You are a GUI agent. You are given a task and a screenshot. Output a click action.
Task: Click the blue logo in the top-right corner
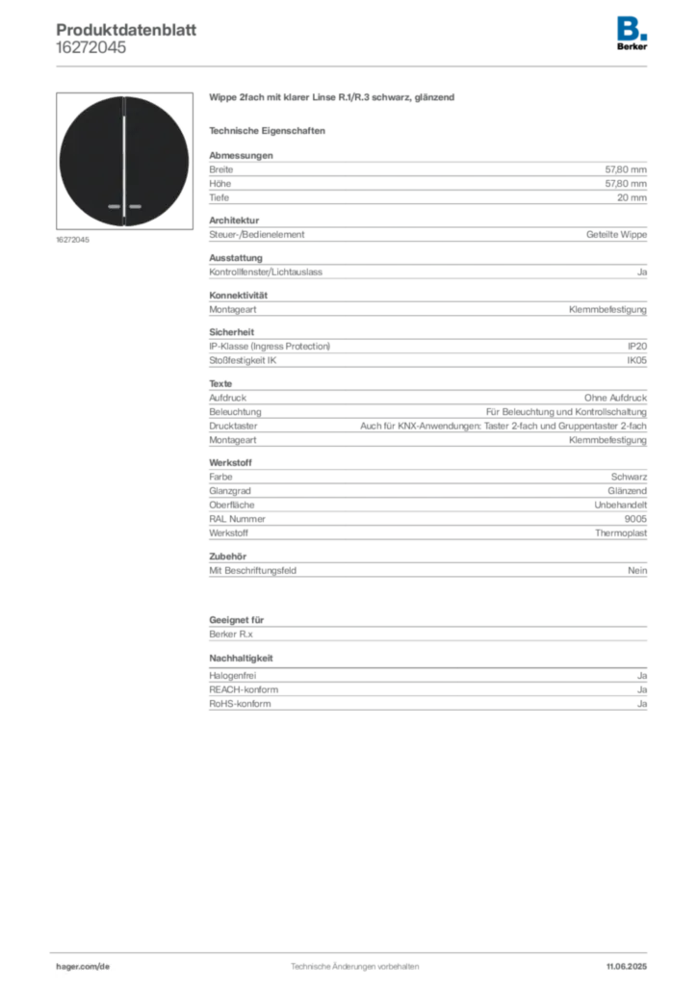click(632, 27)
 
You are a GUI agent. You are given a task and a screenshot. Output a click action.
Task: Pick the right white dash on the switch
click(136, 206)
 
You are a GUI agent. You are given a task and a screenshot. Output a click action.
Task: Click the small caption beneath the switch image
click(73, 240)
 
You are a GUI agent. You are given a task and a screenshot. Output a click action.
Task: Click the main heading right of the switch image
click(334, 100)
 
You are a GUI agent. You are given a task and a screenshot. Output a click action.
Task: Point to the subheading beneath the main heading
click(270, 130)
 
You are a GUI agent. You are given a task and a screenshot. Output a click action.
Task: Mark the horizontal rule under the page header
click(354, 65)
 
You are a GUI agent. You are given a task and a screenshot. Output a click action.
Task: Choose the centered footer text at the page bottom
click(353, 961)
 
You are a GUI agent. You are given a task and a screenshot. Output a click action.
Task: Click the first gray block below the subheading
click(426, 178)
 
